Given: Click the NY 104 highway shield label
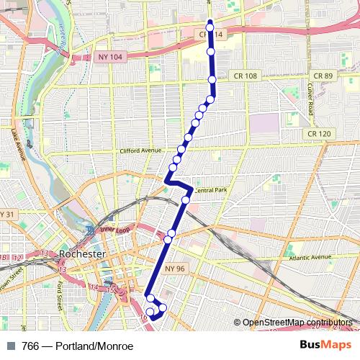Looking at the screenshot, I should tap(104, 56).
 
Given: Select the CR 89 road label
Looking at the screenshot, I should tap(323, 76).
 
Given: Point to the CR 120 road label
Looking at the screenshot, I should tap(318, 133).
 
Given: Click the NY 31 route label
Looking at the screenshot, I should tap(7, 215).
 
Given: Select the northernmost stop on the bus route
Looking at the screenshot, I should tap(210, 27).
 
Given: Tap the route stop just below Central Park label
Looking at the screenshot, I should tap(186, 199).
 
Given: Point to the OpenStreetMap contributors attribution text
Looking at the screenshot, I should tap(297, 323).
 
